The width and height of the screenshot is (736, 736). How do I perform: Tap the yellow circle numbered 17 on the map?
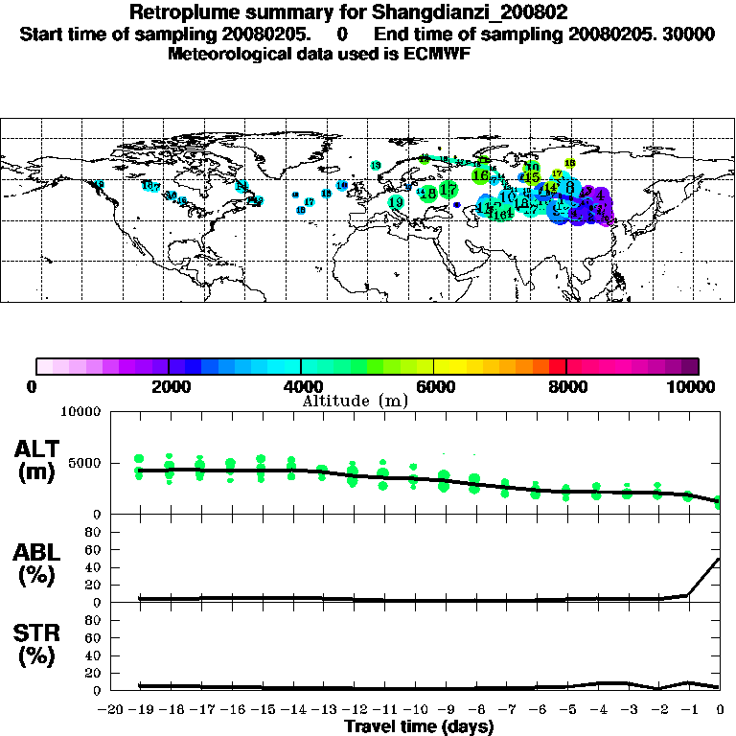coord(557,174)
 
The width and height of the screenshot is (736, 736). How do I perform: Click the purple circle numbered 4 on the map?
coord(599,195)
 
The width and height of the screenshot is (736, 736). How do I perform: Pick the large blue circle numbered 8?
coord(569,187)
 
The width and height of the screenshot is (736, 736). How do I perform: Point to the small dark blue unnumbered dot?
coord(457,205)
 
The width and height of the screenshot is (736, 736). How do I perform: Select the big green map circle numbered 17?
coord(448,190)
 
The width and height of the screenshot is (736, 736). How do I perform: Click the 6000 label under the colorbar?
coord(433,386)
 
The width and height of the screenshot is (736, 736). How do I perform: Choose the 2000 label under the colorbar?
coord(169,386)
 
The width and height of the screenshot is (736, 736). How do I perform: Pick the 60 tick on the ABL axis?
coord(94,549)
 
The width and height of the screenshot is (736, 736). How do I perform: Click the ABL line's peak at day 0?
coord(720,559)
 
